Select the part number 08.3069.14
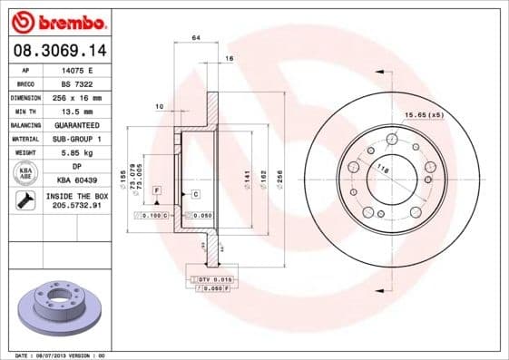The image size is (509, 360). (x=60, y=53)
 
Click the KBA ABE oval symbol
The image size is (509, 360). (x=25, y=173)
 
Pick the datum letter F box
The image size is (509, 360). (x=156, y=190)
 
